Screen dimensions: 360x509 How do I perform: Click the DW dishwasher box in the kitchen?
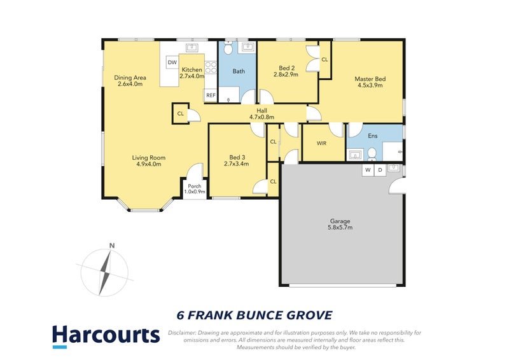point(172,62)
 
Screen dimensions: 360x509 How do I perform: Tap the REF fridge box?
point(210,95)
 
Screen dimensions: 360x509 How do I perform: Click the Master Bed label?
point(370,79)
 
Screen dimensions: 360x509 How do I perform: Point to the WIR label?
point(322,143)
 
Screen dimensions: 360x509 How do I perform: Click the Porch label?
point(194,186)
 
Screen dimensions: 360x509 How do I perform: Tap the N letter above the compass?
point(111,246)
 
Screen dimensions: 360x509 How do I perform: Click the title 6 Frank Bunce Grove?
point(254,315)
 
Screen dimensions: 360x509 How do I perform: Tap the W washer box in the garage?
point(368,170)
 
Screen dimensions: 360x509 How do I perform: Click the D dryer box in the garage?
point(380,170)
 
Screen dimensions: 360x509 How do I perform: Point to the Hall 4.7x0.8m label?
point(261,113)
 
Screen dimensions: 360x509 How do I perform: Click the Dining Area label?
point(130,78)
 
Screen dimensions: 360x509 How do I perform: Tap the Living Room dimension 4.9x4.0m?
point(149,164)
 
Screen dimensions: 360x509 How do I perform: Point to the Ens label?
point(373,136)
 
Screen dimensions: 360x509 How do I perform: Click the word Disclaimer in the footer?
point(185,333)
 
